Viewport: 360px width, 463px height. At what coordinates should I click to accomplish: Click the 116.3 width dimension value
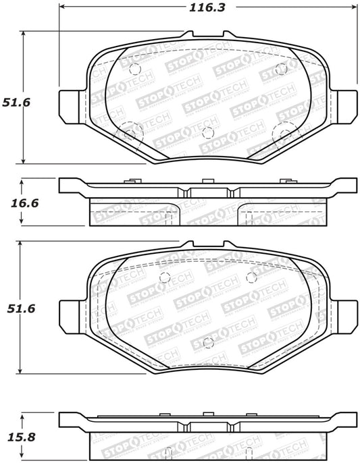[x=207, y=7]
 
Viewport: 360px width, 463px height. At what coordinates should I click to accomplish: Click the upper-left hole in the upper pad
[x=133, y=69]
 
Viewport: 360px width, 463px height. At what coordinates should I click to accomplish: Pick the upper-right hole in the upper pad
[x=283, y=69]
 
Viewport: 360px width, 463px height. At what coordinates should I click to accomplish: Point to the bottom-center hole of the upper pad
[x=208, y=132]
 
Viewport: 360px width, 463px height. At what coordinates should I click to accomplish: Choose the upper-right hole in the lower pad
[x=252, y=277]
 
